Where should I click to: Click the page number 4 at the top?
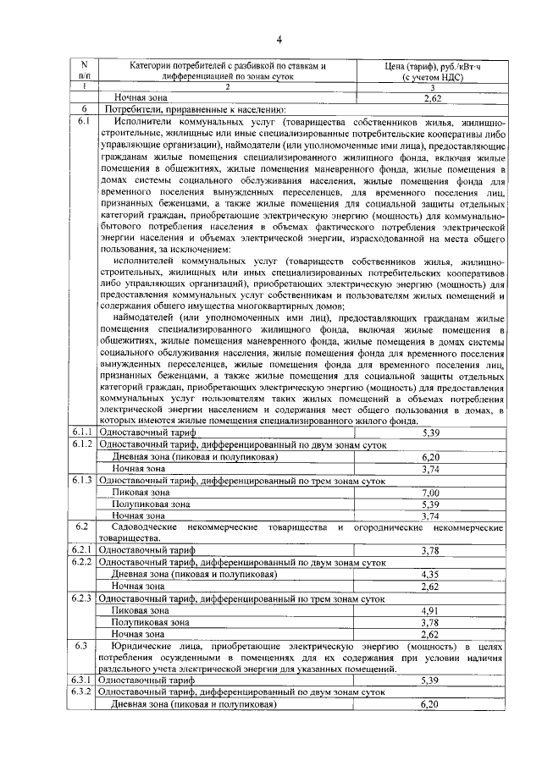click(277, 37)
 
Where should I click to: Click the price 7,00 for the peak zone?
click(430, 492)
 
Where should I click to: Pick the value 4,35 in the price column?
click(430, 574)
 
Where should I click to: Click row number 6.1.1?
click(83, 433)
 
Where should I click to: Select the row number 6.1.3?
click(83, 480)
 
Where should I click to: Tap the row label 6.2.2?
click(83, 562)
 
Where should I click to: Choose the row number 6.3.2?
click(83, 692)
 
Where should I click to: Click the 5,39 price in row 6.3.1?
click(430, 680)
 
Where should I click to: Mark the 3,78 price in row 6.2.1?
click(430, 550)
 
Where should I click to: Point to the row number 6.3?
click(81, 646)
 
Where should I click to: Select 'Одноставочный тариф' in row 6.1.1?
click(147, 433)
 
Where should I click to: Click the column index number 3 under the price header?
click(432, 86)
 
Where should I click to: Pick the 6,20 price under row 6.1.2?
click(430, 456)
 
